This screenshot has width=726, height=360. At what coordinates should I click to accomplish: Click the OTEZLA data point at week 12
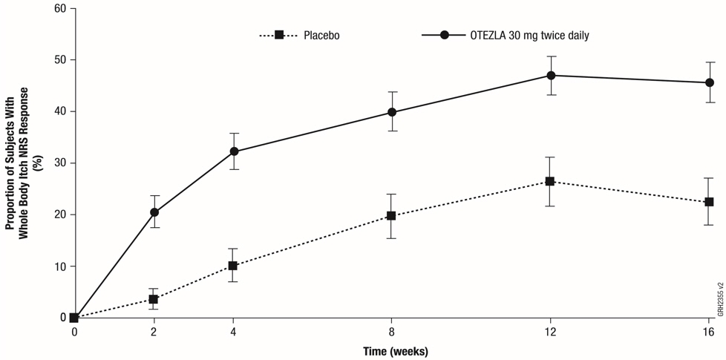click(551, 75)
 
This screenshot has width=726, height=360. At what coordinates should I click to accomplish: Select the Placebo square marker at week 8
click(392, 216)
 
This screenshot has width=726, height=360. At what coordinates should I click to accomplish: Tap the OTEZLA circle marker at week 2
click(154, 212)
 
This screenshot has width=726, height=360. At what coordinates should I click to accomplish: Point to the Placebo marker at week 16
click(710, 202)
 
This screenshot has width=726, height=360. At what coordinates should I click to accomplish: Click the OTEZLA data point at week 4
click(234, 151)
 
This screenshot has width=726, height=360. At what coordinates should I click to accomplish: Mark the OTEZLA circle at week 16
click(710, 82)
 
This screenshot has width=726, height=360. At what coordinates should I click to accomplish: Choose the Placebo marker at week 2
click(154, 299)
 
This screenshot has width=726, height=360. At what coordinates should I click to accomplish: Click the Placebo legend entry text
click(321, 35)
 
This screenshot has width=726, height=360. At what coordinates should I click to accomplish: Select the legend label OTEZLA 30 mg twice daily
click(529, 35)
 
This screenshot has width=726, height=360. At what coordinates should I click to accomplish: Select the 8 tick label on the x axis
click(392, 332)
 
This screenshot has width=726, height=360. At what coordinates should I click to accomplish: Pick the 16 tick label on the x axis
click(710, 332)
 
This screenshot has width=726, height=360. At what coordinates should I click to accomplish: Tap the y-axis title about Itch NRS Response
click(22, 163)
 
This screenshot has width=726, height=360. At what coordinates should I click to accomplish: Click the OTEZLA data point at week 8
click(392, 113)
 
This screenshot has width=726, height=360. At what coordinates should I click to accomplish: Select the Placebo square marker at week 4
click(234, 266)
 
